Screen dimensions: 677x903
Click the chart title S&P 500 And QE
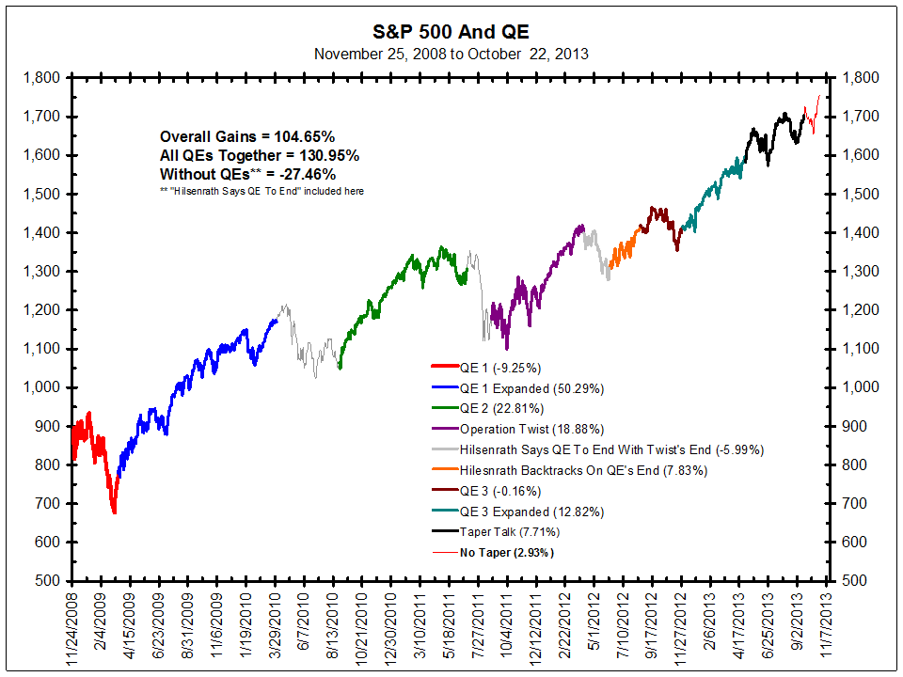click(451, 30)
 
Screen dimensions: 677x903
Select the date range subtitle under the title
click(451, 54)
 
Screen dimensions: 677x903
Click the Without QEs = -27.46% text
click(247, 174)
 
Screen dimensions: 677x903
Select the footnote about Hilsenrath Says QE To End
click(262, 192)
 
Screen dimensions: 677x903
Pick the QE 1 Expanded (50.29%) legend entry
click(531, 388)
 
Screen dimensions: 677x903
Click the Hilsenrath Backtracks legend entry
click(583, 470)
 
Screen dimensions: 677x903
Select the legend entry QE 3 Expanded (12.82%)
click(531, 512)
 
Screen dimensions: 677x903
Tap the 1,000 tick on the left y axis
click(42, 387)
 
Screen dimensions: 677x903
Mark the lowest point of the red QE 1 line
click(114, 512)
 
